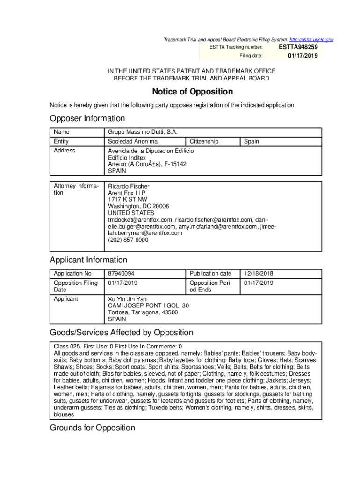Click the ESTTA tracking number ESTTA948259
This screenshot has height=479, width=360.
(298, 47)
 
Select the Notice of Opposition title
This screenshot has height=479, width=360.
(192, 92)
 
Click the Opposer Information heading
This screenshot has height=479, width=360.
(87, 118)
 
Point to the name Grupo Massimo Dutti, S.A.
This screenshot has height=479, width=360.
(143, 132)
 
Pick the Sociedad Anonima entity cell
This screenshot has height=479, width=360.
(133, 141)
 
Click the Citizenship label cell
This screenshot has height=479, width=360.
(204, 141)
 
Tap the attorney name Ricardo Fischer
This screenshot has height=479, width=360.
(129, 186)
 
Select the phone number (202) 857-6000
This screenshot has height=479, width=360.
(128, 239)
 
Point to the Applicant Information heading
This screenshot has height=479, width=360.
(88, 260)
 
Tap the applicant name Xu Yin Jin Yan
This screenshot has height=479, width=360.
(127, 299)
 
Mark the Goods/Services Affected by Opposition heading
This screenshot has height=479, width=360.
(122, 333)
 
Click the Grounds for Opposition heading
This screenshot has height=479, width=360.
(93, 428)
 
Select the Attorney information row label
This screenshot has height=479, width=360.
(76, 189)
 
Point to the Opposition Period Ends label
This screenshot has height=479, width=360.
(210, 286)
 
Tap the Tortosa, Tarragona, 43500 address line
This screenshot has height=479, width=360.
(143, 312)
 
